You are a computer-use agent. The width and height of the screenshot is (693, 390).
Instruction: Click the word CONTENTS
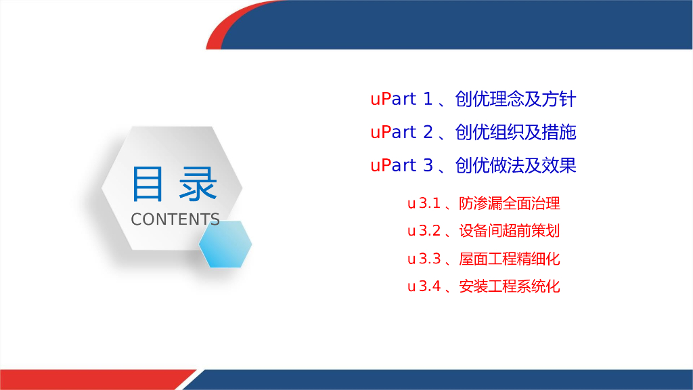click(x=175, y=219)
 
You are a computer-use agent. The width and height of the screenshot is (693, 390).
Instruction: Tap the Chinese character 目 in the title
click(x=147, y=183)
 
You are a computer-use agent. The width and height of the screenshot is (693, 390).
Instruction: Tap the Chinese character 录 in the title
click(x=198, y=183)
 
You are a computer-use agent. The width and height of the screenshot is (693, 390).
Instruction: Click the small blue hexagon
click(x=225, y=244)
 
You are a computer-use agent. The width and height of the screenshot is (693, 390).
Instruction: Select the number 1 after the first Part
click(x=428, y=99)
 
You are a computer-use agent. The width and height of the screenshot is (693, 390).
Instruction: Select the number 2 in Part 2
click(x=428, y=132)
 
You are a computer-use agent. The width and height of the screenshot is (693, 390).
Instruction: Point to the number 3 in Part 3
click(x=428, y=165)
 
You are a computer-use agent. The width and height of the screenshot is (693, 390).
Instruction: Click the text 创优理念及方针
click(x=515, y=99)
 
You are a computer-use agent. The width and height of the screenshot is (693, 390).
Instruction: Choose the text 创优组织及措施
click(x=515, y=132)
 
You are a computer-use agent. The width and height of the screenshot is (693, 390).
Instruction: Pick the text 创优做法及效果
click(x=515, y=165)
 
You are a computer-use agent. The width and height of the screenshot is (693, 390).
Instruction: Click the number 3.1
click(x=430, y=203)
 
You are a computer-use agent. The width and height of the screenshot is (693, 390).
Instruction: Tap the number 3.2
click(x=430, y=231)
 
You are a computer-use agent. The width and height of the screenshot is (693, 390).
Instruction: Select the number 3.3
click(x=430, y=259)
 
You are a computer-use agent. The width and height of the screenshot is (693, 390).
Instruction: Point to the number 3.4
click(x=430, y=286)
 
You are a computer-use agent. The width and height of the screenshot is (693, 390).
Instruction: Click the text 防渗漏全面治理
click(x=510, y=203)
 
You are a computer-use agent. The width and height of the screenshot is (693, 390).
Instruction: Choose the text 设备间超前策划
click(x=510, y=231)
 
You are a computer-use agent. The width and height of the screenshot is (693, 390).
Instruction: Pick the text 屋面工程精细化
click(x=510, y=259)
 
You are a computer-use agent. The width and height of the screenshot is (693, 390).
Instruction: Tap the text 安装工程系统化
click(x=510, y=286)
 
